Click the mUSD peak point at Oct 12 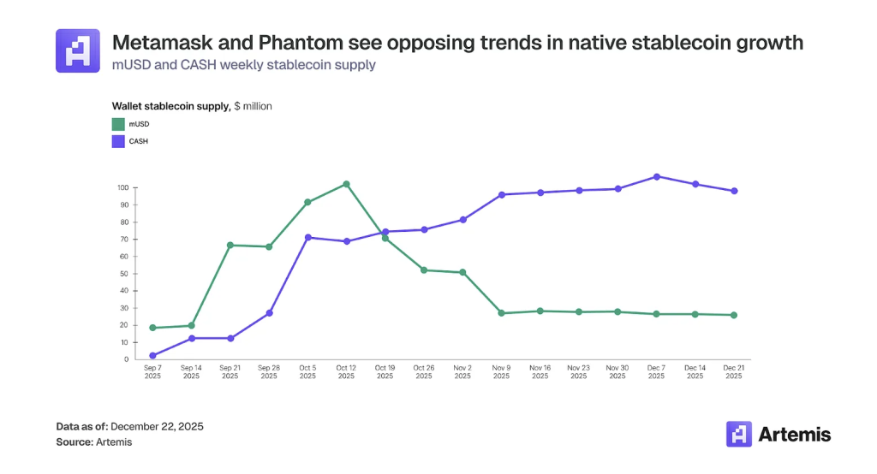[x=346, y=184]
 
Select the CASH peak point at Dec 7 [x=657, y=176]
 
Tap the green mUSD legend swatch [x=118, y=124]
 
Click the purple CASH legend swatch [x=118, y=141]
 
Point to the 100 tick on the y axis [x=123, y=188]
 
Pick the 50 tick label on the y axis [x=124, y=274]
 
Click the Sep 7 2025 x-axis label [x=152, y=371]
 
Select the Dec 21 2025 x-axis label [x=734, y=371]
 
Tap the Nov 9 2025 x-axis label [x=501, y=371]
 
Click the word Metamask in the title [x=162, y=43]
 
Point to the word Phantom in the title [x=300, y=43]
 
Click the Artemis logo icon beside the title [x=78, y=50]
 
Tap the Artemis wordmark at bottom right [x=794, y=435]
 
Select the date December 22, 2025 [x=158, y=426]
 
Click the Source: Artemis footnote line [x=94, y=442]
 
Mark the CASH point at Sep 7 [x=152, y=356]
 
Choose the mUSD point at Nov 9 [x=501, y=313]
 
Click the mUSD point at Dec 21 [x=734, y=315]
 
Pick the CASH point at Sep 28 [x=269, y=313]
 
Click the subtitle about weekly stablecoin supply [x=244, y=65]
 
